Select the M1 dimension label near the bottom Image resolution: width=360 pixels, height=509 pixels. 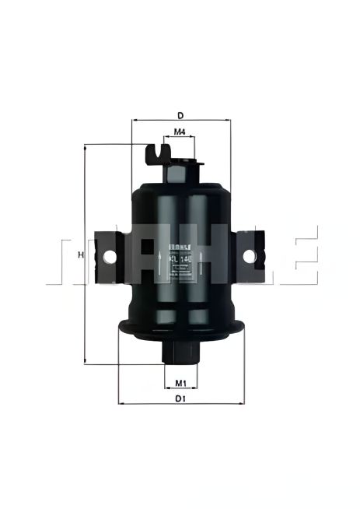[180, 382]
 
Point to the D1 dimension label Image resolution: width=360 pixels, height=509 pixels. [180, 398]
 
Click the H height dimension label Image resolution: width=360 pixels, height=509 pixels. [80, 254]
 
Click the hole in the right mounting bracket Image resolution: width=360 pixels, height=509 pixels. [250, 255]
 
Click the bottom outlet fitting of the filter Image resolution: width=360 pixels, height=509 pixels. [180, 351]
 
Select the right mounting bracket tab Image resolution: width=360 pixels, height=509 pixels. [250, 255]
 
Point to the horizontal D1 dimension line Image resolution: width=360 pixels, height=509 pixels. [180, 405]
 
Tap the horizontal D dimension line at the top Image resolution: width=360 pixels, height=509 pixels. [180, 121]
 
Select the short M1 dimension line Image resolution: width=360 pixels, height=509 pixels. [180, 388]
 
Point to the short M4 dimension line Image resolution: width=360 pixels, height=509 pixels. [180, 137]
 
